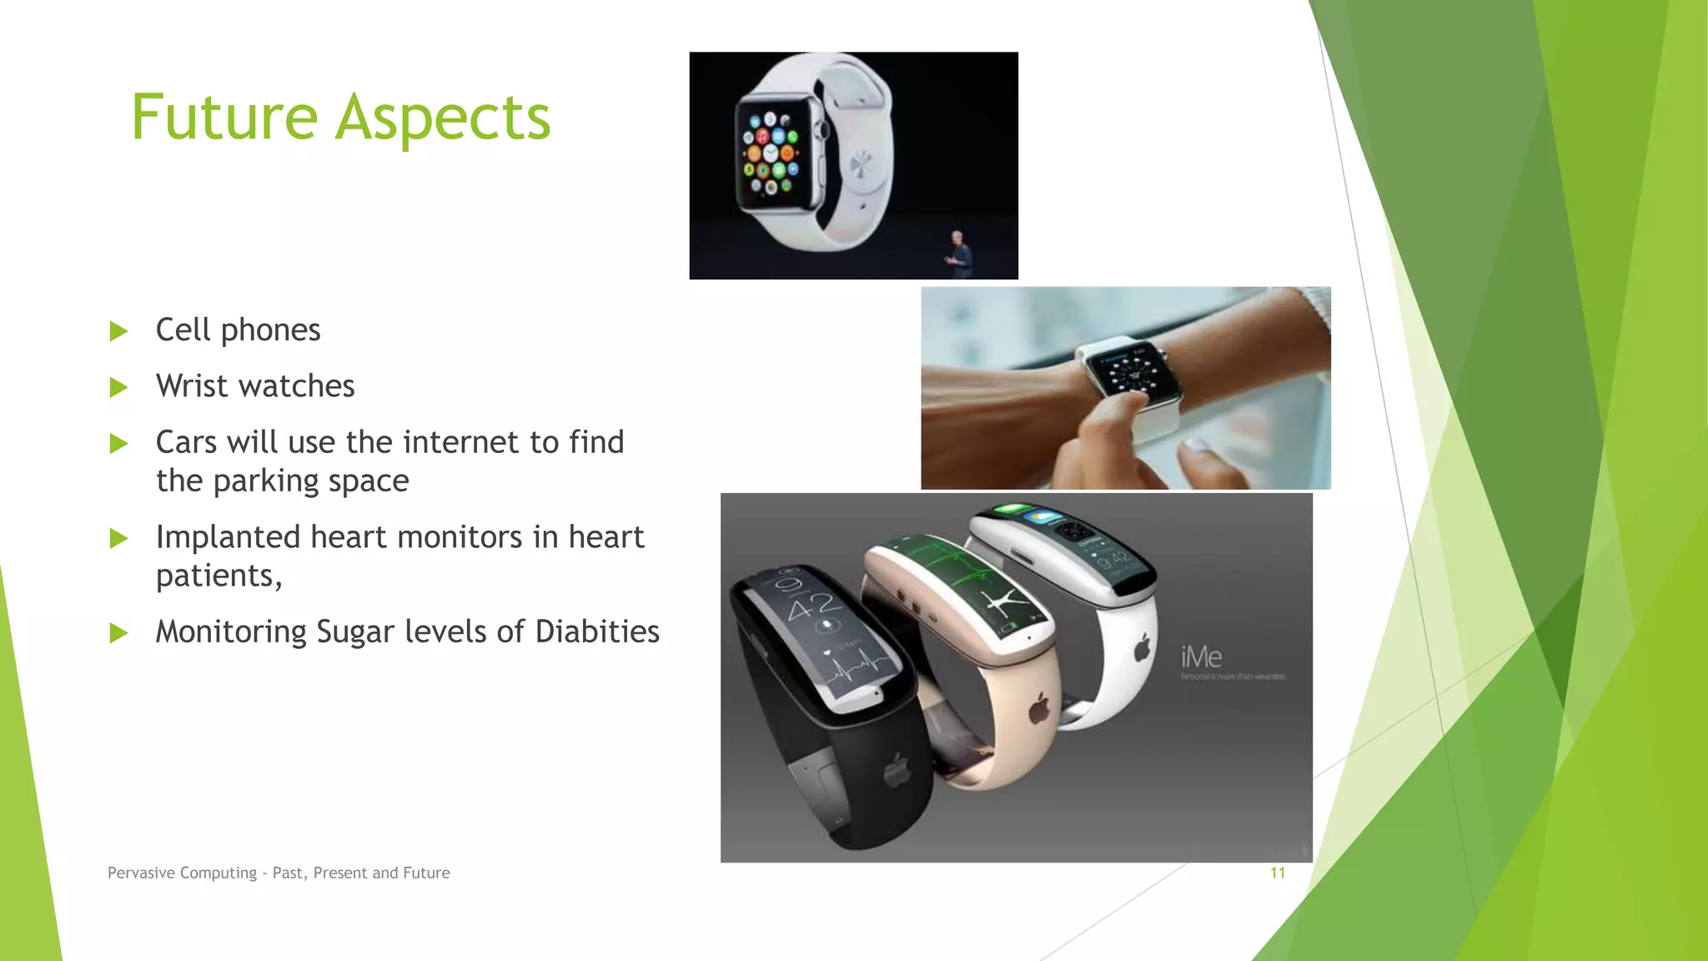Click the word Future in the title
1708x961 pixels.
[x=224, y=118]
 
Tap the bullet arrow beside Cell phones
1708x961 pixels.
[x=118, y=331]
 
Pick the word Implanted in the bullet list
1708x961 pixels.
[x=229, y=537]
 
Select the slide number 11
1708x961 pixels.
[x=1277, y=873]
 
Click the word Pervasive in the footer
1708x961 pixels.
[x=140, y=873]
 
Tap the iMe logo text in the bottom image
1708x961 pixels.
[x=1201, y=657]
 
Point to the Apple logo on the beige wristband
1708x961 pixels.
[x=1038, y=709]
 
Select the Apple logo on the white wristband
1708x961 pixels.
[x=1143, y=647]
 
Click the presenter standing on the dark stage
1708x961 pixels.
[x=960, y=254]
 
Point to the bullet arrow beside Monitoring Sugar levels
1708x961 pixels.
[x=118, y=633]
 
